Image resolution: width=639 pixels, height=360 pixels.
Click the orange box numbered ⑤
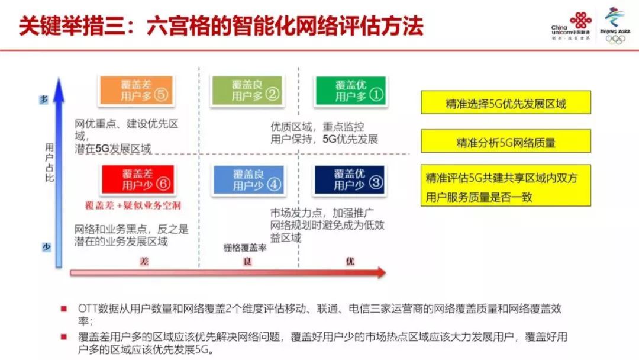point(135,91)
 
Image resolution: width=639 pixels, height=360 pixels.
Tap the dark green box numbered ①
point(351,91)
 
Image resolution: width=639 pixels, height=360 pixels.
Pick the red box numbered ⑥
point(138,179)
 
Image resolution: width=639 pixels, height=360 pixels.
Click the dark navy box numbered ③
point(351,179)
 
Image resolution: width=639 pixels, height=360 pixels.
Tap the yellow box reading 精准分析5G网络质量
point(505,142)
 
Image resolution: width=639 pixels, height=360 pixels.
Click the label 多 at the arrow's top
point(44,100)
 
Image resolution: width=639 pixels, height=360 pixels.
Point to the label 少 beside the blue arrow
point(46,247)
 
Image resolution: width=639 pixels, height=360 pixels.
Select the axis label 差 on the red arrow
point(144,261)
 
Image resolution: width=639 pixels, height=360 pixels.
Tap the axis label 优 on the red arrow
point(350,261)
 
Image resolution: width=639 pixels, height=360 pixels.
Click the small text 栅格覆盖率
point(245,249)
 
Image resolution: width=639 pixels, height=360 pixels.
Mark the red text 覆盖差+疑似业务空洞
point(132,205)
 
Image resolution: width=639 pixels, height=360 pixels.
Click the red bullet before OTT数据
point(63,308)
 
